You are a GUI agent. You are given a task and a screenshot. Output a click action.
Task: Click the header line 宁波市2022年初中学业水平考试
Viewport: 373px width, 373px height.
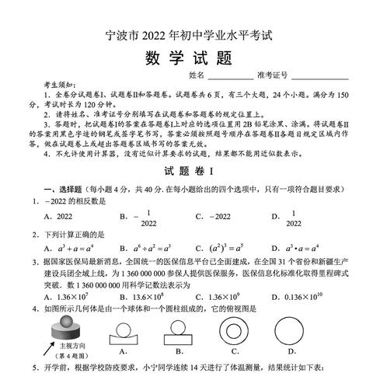186,34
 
